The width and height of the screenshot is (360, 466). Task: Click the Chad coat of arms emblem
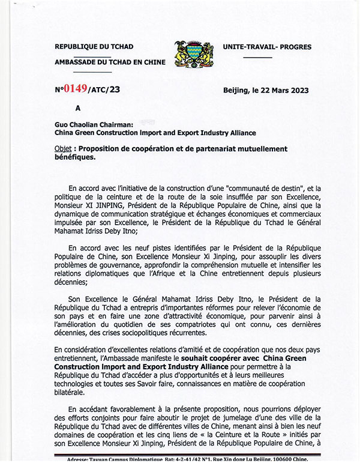pyautogui.click(x=193, y=53)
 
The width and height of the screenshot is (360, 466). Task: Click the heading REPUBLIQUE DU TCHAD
pyautogui.click(x=94, y=46)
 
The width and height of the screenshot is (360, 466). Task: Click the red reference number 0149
pyautogui.click(x=75, y=90)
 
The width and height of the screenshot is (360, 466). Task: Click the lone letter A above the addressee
pyautogui.click(x=77, y=109)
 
